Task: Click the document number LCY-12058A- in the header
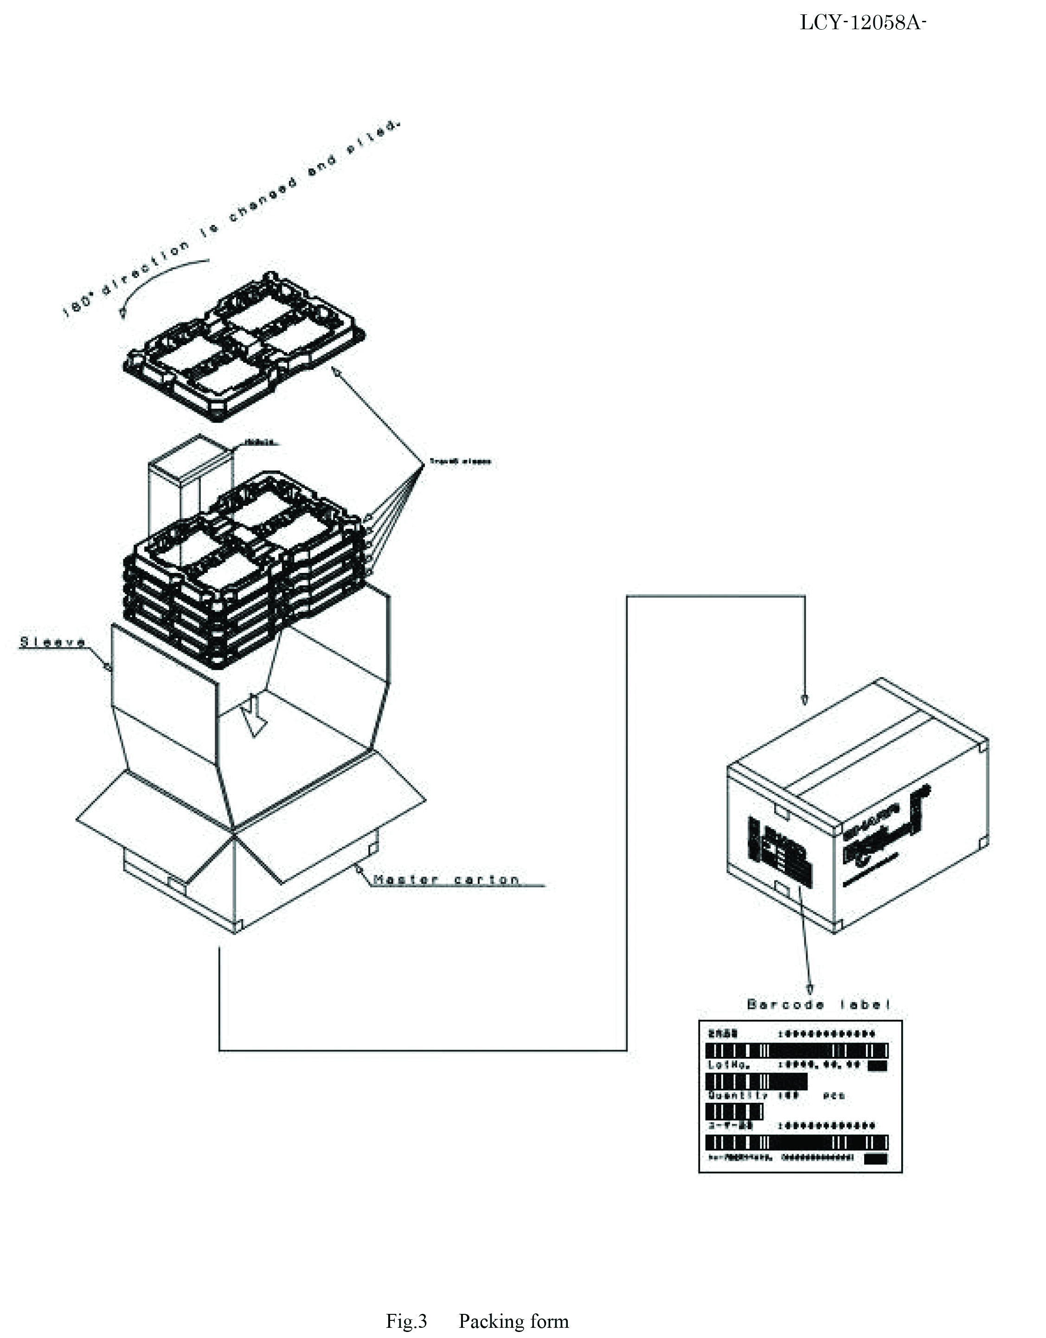[862, 23]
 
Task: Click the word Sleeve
[53, 642]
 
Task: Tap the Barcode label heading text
[819, 1005]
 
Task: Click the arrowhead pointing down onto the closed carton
[804, 700]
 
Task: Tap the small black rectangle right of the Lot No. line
[877, 1067]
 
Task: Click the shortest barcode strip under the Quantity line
[735, 1111]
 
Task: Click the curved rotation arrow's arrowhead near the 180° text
[122, 313]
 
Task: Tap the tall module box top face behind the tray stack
[191, 449]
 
